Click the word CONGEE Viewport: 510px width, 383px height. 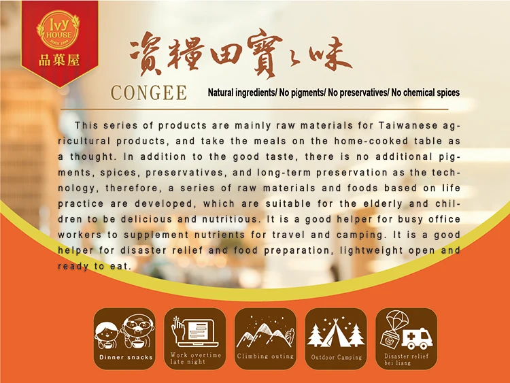click(149, 93)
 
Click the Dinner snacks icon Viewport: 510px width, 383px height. click(125, 331)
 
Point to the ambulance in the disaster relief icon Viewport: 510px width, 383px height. click(416, 338)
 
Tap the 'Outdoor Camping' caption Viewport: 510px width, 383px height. click(337, 357)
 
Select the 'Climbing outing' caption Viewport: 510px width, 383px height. click(265, 356)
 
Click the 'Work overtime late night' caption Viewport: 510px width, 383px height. click(196, 359)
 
